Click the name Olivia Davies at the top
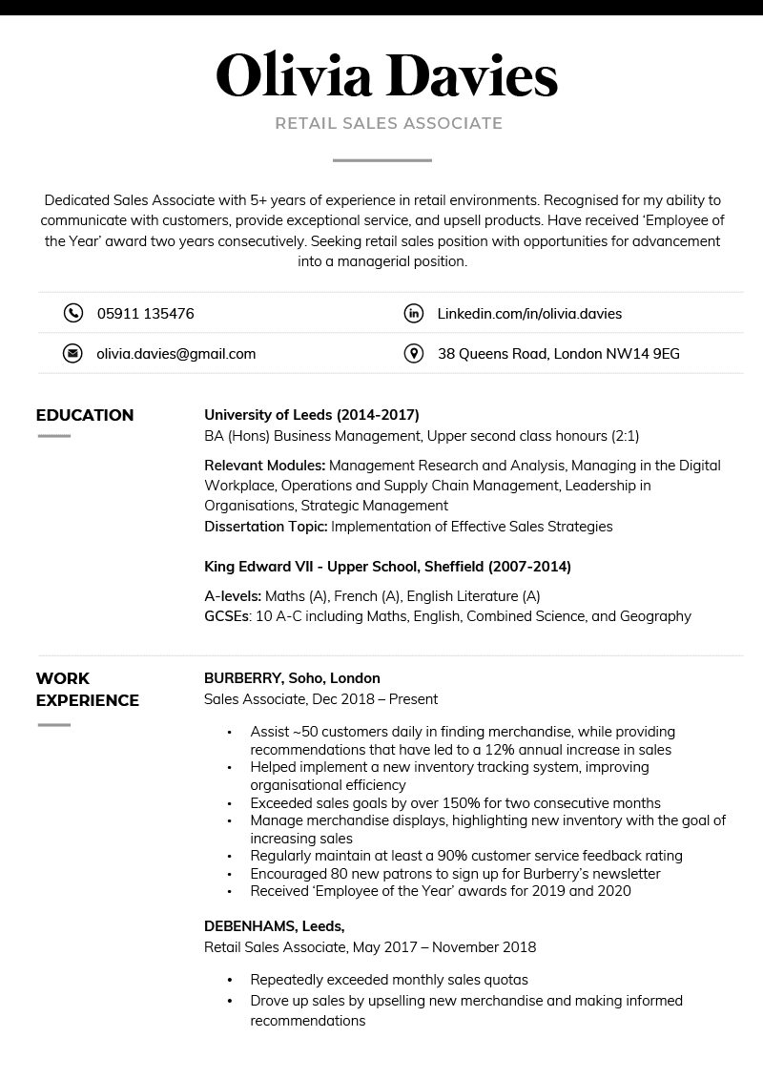[386, 76]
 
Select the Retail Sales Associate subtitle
[388, 123]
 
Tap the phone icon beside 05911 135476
[72, 313]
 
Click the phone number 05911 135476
[145, 313]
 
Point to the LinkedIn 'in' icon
[413, 313]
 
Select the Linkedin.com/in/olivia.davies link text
[529, 313]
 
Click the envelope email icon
[72, 354]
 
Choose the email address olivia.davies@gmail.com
[175, 354]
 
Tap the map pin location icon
[413, 354]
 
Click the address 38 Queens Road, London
[558, 354]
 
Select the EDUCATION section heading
[85, 415]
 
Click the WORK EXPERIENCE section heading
[87, 689]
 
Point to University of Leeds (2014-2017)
[311, 415]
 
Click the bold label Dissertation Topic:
[265, 527]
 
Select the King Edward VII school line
[387, 567]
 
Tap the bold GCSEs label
[226, 616]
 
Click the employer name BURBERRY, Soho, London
[292, 678]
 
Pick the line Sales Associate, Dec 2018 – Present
[320, 699]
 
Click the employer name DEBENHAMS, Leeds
[274, 926]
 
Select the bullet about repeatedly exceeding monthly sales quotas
[388, 980]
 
